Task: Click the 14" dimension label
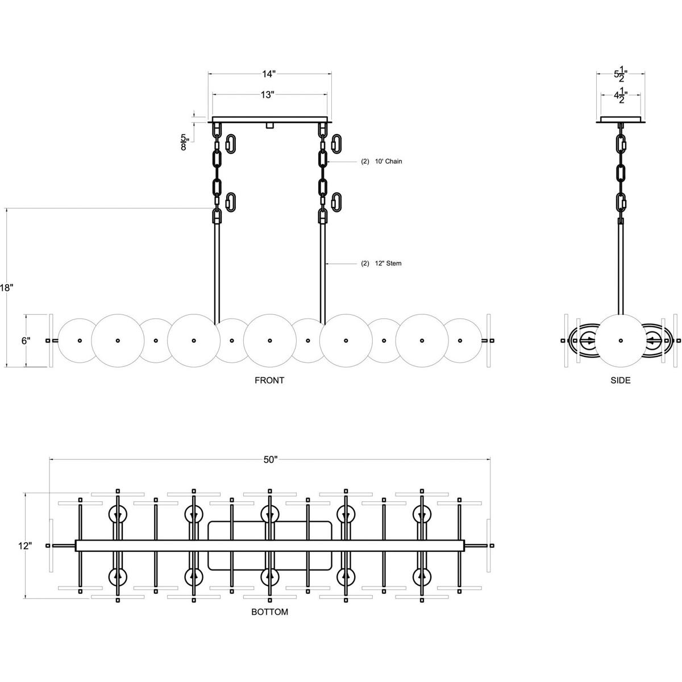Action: point(269,74)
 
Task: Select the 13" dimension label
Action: point(268,95)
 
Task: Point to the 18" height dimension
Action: point(6,288)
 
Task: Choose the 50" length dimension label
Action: point(270,459)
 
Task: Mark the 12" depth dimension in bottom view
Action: point(24,546)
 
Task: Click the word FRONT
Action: point(269,380)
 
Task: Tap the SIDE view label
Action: point(620,380)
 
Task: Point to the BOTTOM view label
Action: point(269,612)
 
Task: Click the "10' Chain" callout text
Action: point(388,161)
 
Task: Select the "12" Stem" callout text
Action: point(388,264)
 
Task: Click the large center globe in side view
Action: point(620,340)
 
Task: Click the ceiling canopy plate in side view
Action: point(620,120)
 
